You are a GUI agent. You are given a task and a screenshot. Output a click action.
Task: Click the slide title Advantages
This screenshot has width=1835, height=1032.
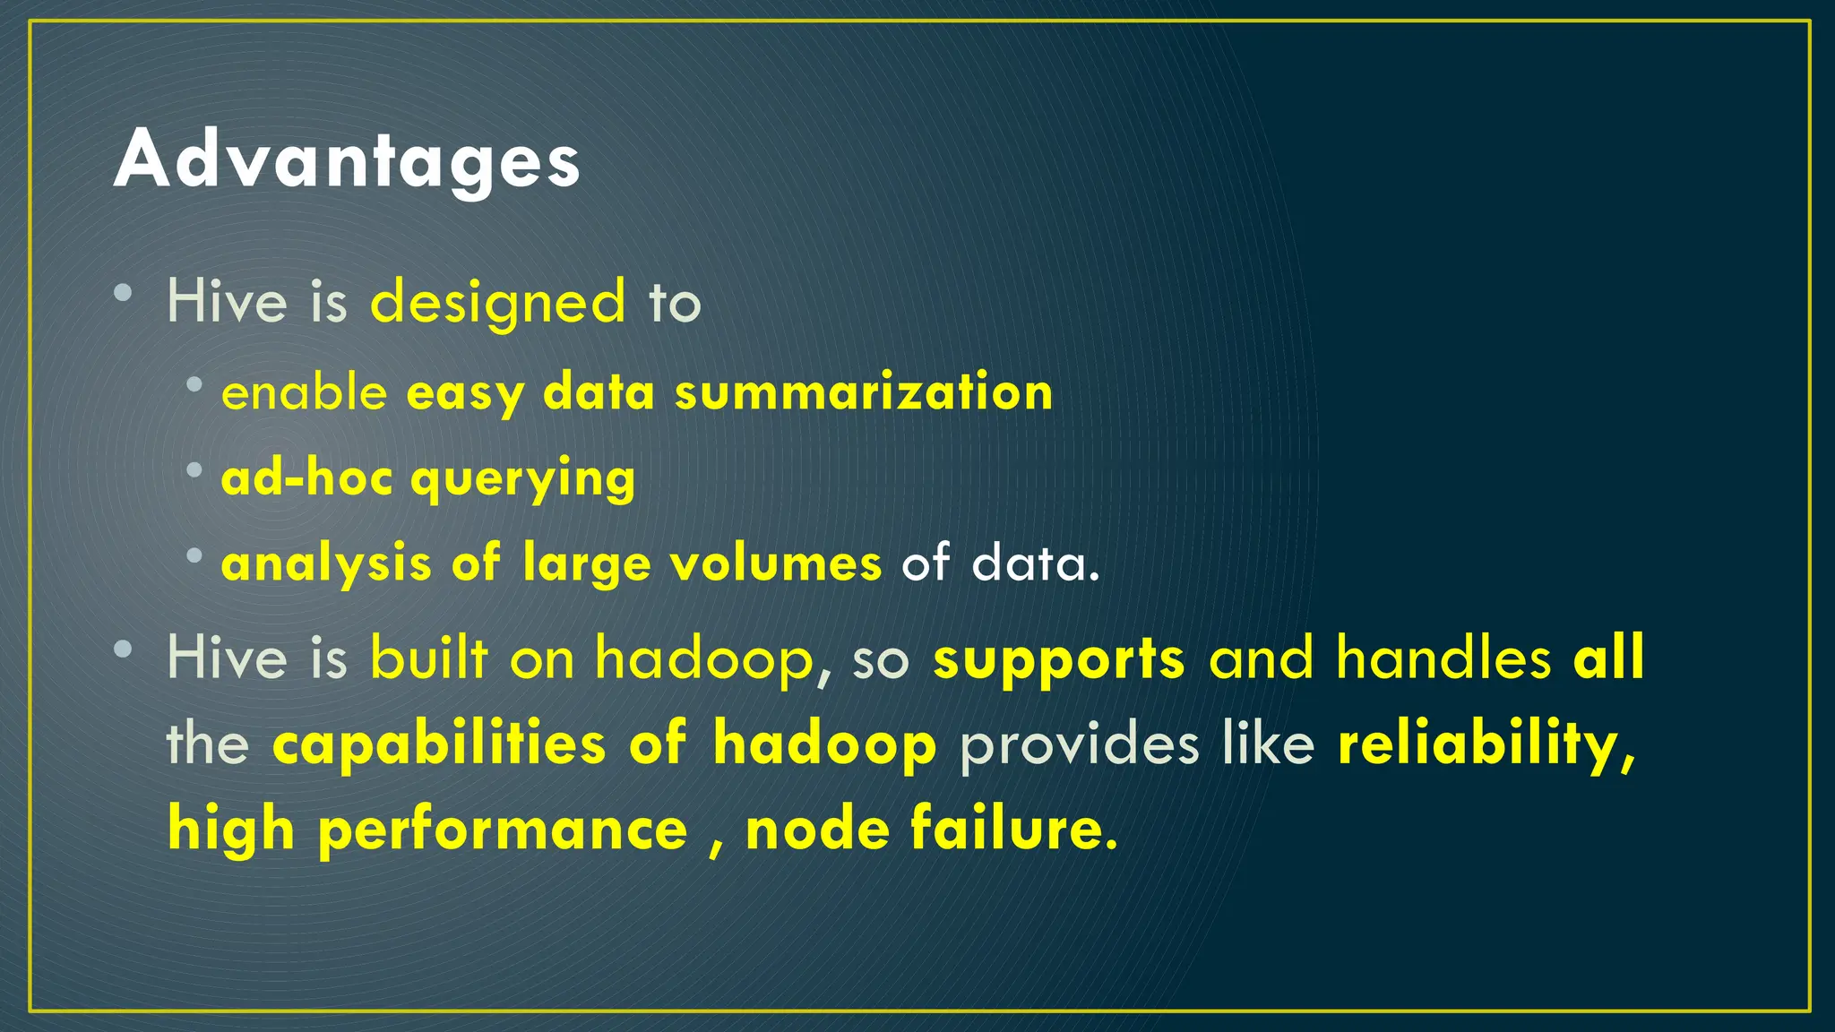pos(347,159)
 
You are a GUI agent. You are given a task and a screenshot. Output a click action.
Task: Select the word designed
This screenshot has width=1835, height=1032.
pos(497,303)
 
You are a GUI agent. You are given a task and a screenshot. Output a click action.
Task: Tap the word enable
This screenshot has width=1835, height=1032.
pos(304,392)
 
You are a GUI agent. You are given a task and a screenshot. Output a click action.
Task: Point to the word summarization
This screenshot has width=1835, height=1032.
pos(864,392)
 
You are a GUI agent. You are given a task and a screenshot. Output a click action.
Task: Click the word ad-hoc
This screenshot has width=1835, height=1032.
pos(306,477)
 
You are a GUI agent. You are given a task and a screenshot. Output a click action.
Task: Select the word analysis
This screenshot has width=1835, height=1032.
pos(326,564)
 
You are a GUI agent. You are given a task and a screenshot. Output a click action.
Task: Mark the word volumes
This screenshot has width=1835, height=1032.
pos(776,564)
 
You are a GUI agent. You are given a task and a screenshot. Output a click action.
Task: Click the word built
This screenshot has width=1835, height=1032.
pos(429,658)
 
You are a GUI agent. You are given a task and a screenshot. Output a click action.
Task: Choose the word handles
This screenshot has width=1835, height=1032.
pos(1443,658)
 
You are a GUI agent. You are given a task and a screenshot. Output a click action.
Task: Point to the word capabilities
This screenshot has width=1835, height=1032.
pos(439,744)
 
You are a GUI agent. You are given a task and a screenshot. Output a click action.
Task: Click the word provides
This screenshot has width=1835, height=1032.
pos(1079,744)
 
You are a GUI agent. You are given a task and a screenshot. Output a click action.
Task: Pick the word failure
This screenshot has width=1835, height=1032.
pos(1014,829)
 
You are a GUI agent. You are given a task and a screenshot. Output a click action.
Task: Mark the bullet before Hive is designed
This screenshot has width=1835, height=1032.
pos(124,293)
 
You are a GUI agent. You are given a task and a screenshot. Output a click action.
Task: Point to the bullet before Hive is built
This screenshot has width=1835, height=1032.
pos(124,649)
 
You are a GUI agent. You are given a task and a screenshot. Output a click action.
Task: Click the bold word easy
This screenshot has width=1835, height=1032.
pos(465,394)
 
